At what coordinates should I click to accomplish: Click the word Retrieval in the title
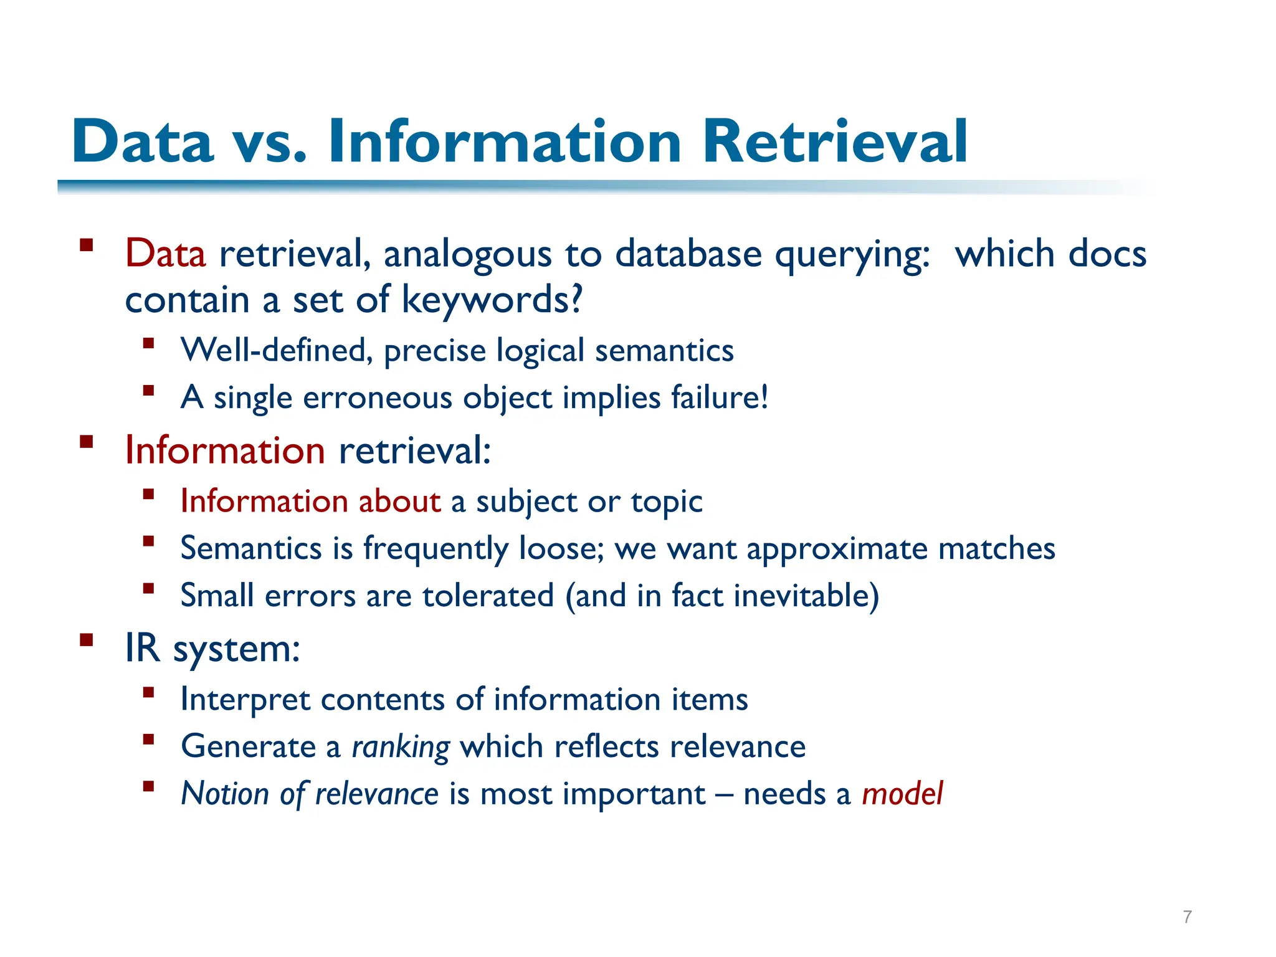pyautogui.click(x=835, y=142)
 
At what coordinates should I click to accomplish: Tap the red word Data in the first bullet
pyautogui.click(x=165, y=254)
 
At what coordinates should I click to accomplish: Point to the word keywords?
pyautogui.click(x=492, y=300)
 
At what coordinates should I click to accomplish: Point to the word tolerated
pyautogui.click(x=488, y=596)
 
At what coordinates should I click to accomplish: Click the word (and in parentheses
pyautogui.click(x=596, y=596)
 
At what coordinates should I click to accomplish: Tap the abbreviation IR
pyautogui.click(x=143, y=648)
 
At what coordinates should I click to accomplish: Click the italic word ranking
pyautogui.click(x=401, y=747)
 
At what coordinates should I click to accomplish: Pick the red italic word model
pyautogui.click(x=902, y=794)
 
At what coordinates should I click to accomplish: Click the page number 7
pyautogui.click(x=1188, y=917)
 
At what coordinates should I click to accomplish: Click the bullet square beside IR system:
pyautogui.click(x=87, y=640)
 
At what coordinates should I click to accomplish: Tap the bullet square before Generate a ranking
pyautogui.click(x=148, y=740)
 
